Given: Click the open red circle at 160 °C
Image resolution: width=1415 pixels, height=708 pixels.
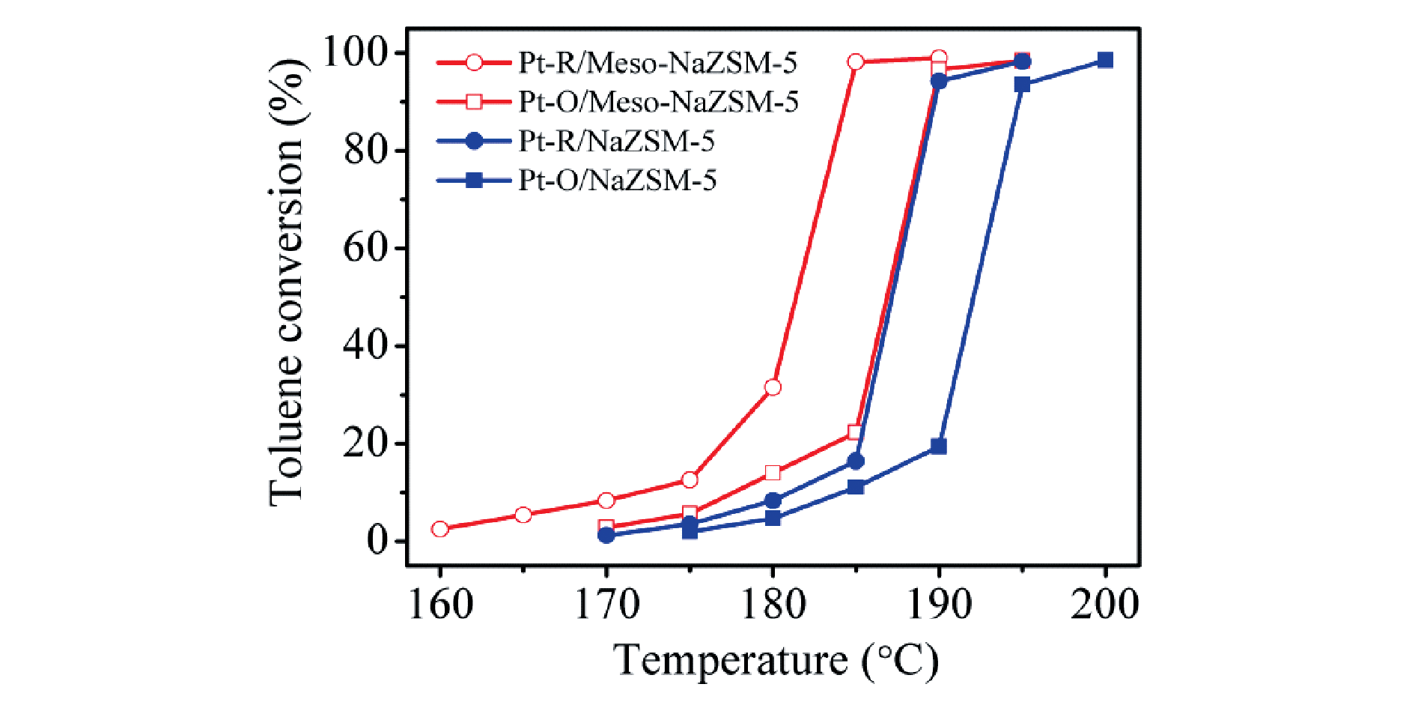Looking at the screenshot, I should point(440,529).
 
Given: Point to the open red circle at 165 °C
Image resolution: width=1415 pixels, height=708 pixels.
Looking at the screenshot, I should point(523,515).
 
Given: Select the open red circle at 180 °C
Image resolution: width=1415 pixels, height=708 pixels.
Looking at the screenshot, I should point(773,387).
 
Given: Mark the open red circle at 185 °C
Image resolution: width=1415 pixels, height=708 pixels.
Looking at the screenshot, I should point(856,61).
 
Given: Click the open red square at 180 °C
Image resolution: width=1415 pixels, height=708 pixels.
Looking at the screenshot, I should point(773,473).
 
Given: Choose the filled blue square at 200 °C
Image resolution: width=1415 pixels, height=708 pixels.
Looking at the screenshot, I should point(1105,60).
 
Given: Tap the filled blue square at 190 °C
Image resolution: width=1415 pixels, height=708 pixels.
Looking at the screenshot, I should point(939,447).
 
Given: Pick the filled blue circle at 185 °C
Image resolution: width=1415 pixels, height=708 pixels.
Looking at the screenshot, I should point(856,462).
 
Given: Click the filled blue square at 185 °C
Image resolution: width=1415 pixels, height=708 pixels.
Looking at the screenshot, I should point(856,487).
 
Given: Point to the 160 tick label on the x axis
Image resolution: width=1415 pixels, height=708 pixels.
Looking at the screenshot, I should point(440,604).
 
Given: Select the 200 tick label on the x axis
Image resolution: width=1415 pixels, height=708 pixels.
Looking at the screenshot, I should point(1105,604).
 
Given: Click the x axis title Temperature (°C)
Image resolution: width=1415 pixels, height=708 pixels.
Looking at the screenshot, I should point(776,661).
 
